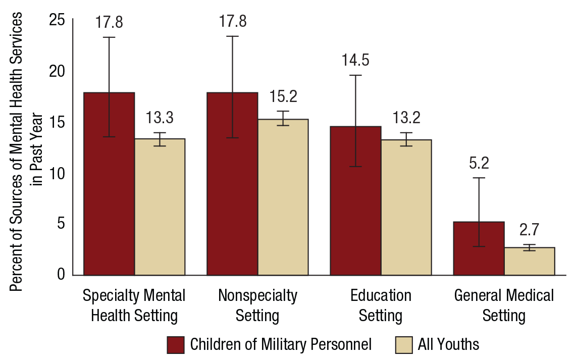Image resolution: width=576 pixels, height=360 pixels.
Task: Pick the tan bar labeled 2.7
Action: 529,261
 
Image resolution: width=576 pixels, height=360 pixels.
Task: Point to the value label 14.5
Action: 355,61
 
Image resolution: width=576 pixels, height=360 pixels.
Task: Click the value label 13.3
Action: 160,119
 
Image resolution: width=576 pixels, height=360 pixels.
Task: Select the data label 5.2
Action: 479,163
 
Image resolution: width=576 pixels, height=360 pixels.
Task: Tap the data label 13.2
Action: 406,119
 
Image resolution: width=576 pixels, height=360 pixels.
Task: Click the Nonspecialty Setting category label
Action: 257,305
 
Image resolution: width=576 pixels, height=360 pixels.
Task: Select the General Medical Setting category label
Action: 504,305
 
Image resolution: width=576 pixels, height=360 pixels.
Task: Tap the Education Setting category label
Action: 381,305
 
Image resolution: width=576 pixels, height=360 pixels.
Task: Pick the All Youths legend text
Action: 448,344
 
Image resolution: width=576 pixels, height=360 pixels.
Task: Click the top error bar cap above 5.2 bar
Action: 479,178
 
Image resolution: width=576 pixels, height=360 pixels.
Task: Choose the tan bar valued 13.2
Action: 406,207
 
